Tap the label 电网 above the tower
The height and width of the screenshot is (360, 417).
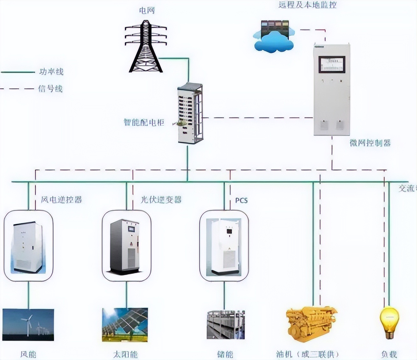tap(147, 10)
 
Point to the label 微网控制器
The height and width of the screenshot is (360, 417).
tap(370, 143)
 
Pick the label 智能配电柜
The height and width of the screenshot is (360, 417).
tap(144, 122)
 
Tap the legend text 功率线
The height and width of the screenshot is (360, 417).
tap(51, 72)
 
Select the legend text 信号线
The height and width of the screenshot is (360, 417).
tap(50, 88)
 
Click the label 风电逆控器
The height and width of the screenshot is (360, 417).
tap(61, 200)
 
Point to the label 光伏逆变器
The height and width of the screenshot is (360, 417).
tap(161, 200)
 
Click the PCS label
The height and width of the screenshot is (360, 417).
tap(241, 200)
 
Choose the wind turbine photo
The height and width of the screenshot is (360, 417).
tap(28, 324)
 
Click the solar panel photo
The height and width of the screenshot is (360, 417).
tap(125, 324)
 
